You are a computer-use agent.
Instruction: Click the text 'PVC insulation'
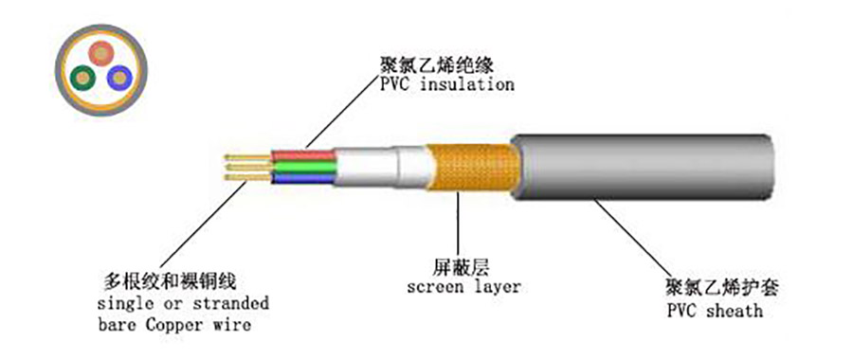[447, 84]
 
